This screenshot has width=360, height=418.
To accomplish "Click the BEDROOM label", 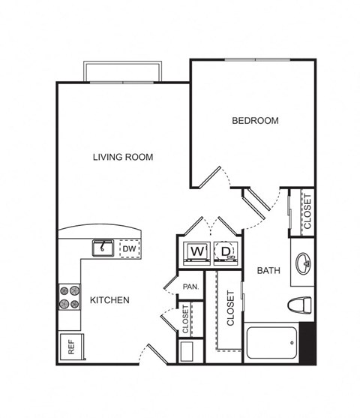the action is (x=255, y=121).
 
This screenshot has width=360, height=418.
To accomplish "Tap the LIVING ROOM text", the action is (x=123, y=157).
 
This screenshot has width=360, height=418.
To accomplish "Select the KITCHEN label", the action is (x=109, y=300).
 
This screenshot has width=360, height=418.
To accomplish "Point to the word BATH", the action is (x=268, y=271).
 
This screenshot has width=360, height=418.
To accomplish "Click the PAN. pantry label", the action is (x=190, y=287).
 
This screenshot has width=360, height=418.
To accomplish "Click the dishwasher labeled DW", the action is (x=130, y=249).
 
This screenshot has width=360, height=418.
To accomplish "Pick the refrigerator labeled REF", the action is (x=71, y=347).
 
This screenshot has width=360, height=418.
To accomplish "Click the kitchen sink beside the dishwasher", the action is (x=103, y=248).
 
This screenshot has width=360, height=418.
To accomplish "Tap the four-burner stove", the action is (x=69, y=297).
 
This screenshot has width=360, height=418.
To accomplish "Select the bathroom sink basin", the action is (x=304, y=263).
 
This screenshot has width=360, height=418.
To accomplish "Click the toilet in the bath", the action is (x=300, y=305).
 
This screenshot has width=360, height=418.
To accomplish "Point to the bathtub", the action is (x=271, y=343).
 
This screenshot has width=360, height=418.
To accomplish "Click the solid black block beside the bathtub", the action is (x=307, y=343).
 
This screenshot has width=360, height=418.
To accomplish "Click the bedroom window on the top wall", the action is (x=257, y=60).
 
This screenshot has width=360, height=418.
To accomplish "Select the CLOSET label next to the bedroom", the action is (x=307, y=212).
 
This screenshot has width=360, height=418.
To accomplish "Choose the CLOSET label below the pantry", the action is (x=185, y=319).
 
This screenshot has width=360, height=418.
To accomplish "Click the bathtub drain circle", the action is (x=292, y=343).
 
